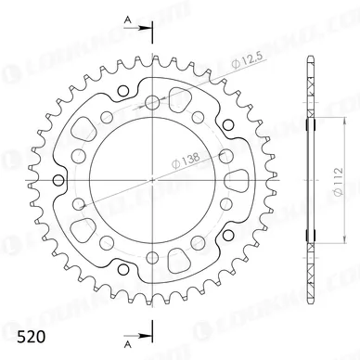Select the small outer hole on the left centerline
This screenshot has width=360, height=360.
(x=58, y=178)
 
